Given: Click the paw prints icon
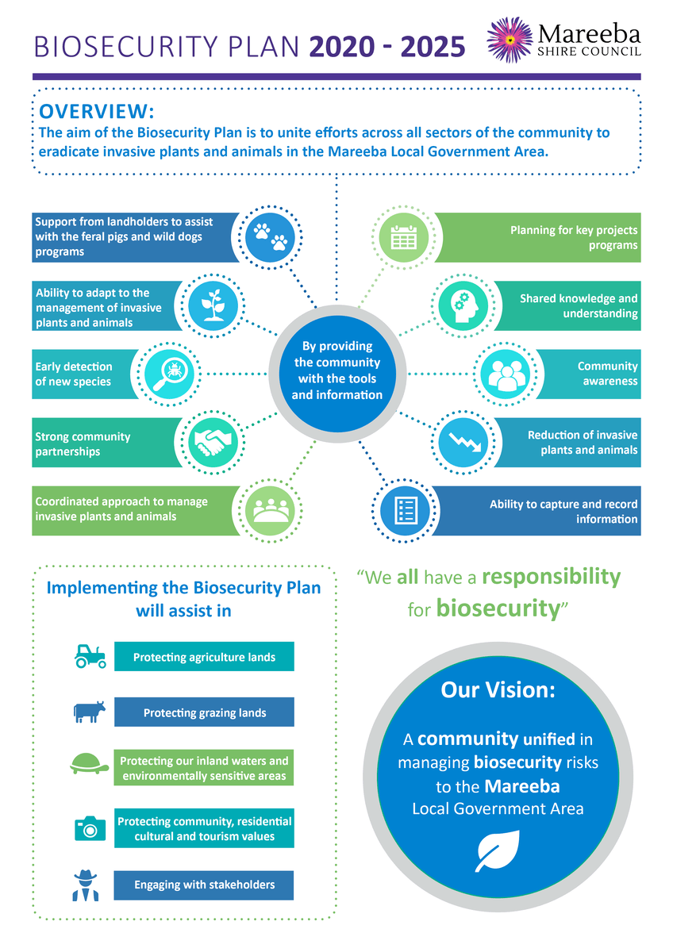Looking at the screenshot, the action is point(271,237).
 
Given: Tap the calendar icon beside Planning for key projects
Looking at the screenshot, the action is point(403,237).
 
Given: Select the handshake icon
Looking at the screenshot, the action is point(213,442).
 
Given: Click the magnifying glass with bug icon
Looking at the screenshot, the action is point(169,374).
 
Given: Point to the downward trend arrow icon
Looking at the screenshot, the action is point(465,443).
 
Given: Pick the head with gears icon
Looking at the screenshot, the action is point(464,305).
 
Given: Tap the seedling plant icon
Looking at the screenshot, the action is point(213,305).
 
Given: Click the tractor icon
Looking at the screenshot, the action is point(90,656).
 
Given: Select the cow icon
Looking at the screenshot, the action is point(89,712).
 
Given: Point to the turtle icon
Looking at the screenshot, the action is point(89,764).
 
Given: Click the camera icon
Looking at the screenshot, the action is point(90,828).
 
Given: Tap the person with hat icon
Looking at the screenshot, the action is point(86,885).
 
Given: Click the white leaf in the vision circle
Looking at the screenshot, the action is point(497,850).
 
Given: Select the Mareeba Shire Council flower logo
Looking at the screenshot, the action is point(510,40).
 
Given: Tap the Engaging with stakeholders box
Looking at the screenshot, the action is point(204,885).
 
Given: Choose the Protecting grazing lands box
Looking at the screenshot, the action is point(204,712).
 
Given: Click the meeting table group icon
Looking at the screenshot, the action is point(271,510).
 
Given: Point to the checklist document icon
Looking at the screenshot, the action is point(406,510).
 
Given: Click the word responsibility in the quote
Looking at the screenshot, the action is point(551,578).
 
